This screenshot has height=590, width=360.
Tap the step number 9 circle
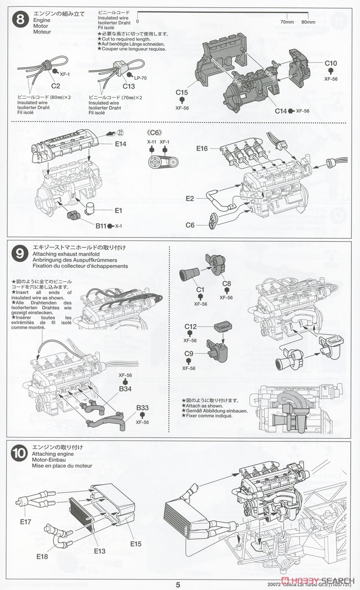tap(20, 254)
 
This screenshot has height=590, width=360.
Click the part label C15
tap(181, 92)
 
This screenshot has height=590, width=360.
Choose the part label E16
tap(203, 148)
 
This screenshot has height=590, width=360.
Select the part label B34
tap(125, 389)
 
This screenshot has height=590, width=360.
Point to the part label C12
tap(190, 326)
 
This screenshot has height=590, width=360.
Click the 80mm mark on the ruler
tap(308, 22)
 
